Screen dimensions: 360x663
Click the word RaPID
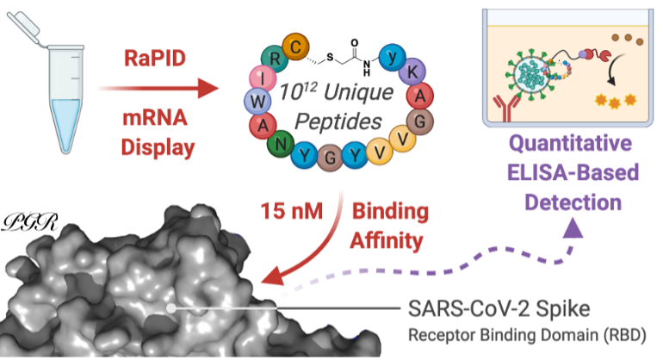[144, 58]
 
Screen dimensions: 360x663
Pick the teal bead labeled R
[275, 60]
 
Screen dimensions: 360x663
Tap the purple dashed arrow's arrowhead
[573, 226]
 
